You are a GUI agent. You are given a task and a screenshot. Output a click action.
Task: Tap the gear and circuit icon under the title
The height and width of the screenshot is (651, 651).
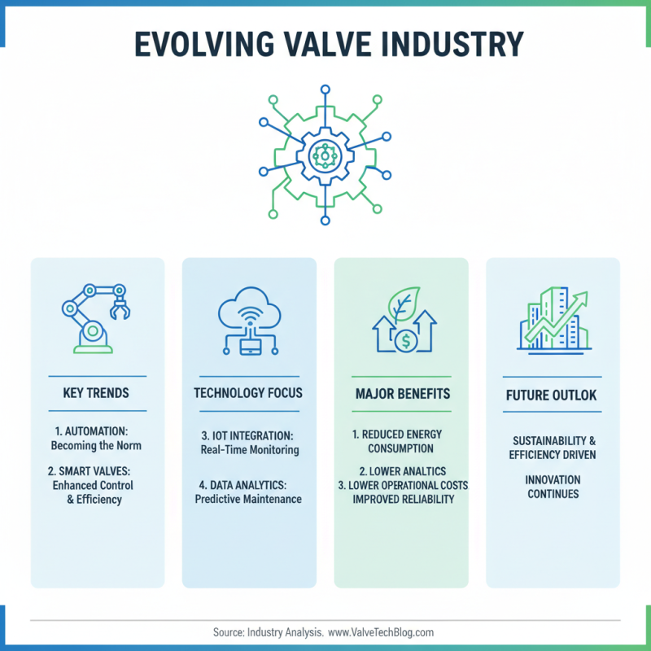pos(325,152)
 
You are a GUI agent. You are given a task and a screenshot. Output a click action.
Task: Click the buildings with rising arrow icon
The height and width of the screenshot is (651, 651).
pos(553,319)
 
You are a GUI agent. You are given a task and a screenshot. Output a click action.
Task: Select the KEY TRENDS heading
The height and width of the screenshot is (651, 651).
pos(96,393)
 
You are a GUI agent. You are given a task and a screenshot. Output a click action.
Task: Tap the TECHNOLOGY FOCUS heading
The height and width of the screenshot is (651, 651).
pos(248,393)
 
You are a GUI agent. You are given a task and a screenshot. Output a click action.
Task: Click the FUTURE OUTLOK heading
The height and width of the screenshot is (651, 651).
pos(553,396)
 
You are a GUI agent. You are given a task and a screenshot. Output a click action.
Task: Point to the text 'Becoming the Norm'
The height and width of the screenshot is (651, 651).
pos(96,445)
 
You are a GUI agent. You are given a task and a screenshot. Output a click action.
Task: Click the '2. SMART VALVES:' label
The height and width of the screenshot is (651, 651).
pos(96,470)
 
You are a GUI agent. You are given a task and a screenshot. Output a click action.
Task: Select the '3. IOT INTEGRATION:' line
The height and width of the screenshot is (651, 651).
pos(248,435)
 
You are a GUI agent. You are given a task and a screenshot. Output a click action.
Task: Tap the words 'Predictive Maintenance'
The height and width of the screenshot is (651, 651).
pos(248,498)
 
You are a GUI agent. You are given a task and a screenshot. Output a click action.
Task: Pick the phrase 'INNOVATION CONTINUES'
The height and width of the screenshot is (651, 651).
pos(553,487)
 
